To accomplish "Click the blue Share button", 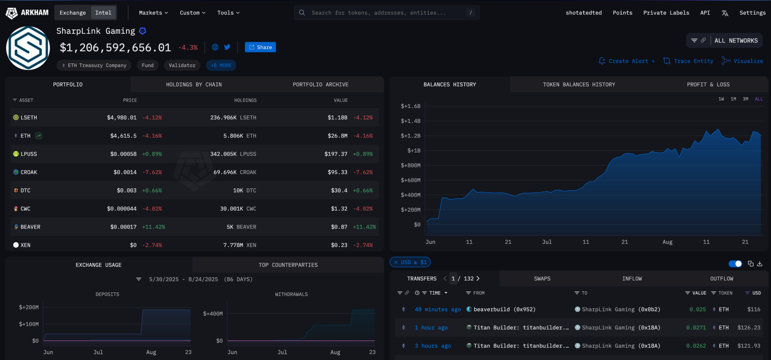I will pyautogui.click(x=260, y=47).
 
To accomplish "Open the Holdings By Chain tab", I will pyautogui.click(x=194, y=84).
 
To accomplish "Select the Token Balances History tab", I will pyautogui.click(x=579, y=84).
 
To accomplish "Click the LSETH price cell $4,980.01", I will pyautogui.click(x=121, y=118).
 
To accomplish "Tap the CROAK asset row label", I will pyautogui.click(x=28, y=172).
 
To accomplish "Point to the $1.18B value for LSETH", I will pyautogui.click(x=337, y=118).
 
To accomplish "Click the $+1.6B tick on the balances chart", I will pyautogui.click(x=410, y=106).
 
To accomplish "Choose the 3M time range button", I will pyautogui.click(x=745, y=99).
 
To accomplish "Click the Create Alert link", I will pyautogui.click(x=627, y=61).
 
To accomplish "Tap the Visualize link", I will pyautogui.click(x=743, y=61).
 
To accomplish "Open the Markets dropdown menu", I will pyautogui.click(x=153, y=13).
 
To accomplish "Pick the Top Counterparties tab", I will pyautogui.click(x=288, y=265).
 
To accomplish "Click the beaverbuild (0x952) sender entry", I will pyautogui.click(x=504, y=309).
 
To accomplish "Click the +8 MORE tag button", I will pyautogui.click(x=221, y=65).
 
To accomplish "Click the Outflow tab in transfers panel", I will pyautogui.click(x=721, y=279).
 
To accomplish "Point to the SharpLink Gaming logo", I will pyautogui.click(x=28, y=48).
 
